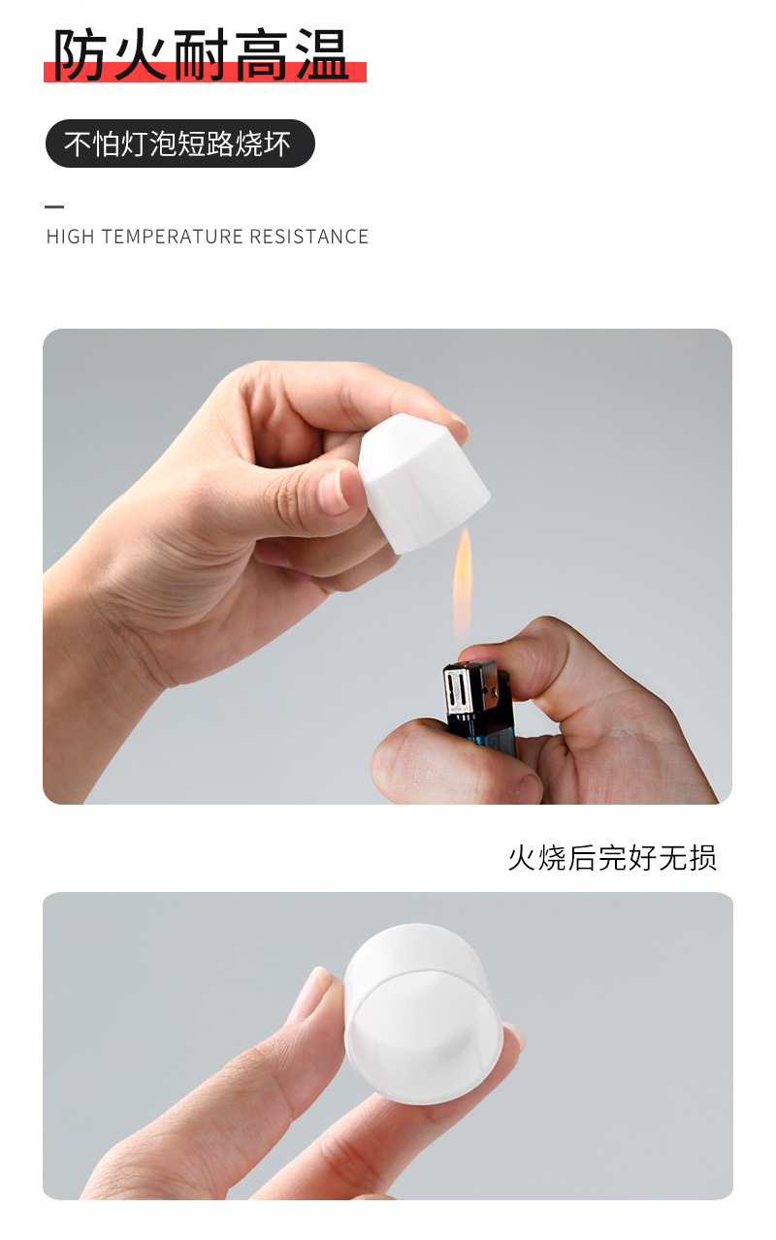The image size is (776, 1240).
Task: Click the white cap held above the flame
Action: (x=425, y=480)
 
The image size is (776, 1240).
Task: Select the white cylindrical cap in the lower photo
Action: (x=423, y=1008)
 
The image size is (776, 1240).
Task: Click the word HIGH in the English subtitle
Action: (x=70, y=237)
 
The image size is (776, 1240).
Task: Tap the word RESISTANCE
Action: (x=308, y=237)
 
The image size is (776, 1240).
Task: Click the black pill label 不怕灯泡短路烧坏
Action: (x=179, y=143)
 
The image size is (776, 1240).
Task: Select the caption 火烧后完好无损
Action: (x=612, y=858)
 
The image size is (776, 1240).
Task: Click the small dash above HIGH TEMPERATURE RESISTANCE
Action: (x=54, y=207)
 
